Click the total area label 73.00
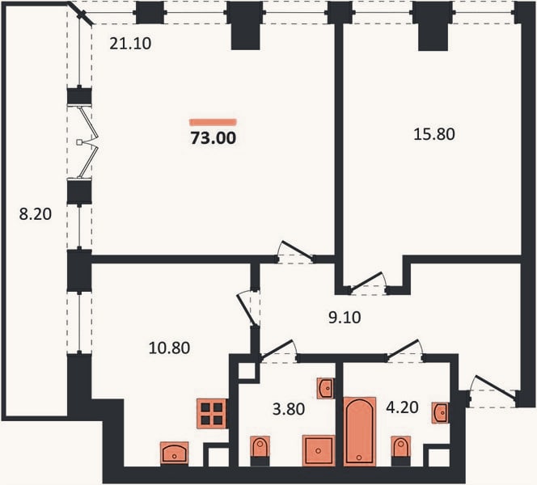[214, 138]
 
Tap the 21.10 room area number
[130, 44]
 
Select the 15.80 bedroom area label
[434, 134]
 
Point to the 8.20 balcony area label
[36, 214]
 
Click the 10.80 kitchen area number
[169, 348]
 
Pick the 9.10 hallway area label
[345, 318]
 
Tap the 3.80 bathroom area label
[289, 409]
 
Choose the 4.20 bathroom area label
[402, 407]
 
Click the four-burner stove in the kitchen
[212, 414]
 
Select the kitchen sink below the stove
[175, 453]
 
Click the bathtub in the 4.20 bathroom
[360, 432]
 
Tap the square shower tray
[319, 450]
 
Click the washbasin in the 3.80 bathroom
[326, 388]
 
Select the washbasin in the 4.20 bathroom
[441, 412]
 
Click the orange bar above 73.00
[214, 122]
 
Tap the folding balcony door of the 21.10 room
[88, 142]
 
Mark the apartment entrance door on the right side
[494, 388]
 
